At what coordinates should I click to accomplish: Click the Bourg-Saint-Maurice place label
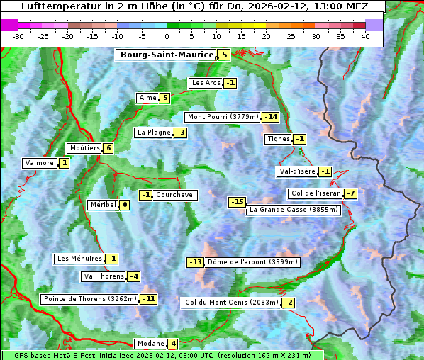[166, 55]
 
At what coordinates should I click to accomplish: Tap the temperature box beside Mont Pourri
[270, 117]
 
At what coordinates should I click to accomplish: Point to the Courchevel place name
[175, 195]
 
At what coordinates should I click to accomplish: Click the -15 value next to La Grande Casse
[237, 203]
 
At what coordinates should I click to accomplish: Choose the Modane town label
[150, 344]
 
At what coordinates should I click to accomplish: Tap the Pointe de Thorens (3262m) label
[89, 299]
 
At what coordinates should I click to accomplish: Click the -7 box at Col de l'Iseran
[350, 193]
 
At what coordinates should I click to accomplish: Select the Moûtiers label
[84, 148]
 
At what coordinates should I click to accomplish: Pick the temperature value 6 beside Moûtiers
[108, 148]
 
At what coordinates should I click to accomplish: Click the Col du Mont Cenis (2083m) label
[230, 303]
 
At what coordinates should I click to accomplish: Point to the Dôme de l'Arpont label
[253, 262]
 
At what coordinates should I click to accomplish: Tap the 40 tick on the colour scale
[365, 35]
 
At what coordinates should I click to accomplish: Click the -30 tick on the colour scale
[18, 35]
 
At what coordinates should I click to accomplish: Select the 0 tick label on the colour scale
[167, 35]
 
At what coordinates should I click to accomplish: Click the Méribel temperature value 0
[125, 205]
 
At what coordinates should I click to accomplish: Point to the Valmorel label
[40, 163]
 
